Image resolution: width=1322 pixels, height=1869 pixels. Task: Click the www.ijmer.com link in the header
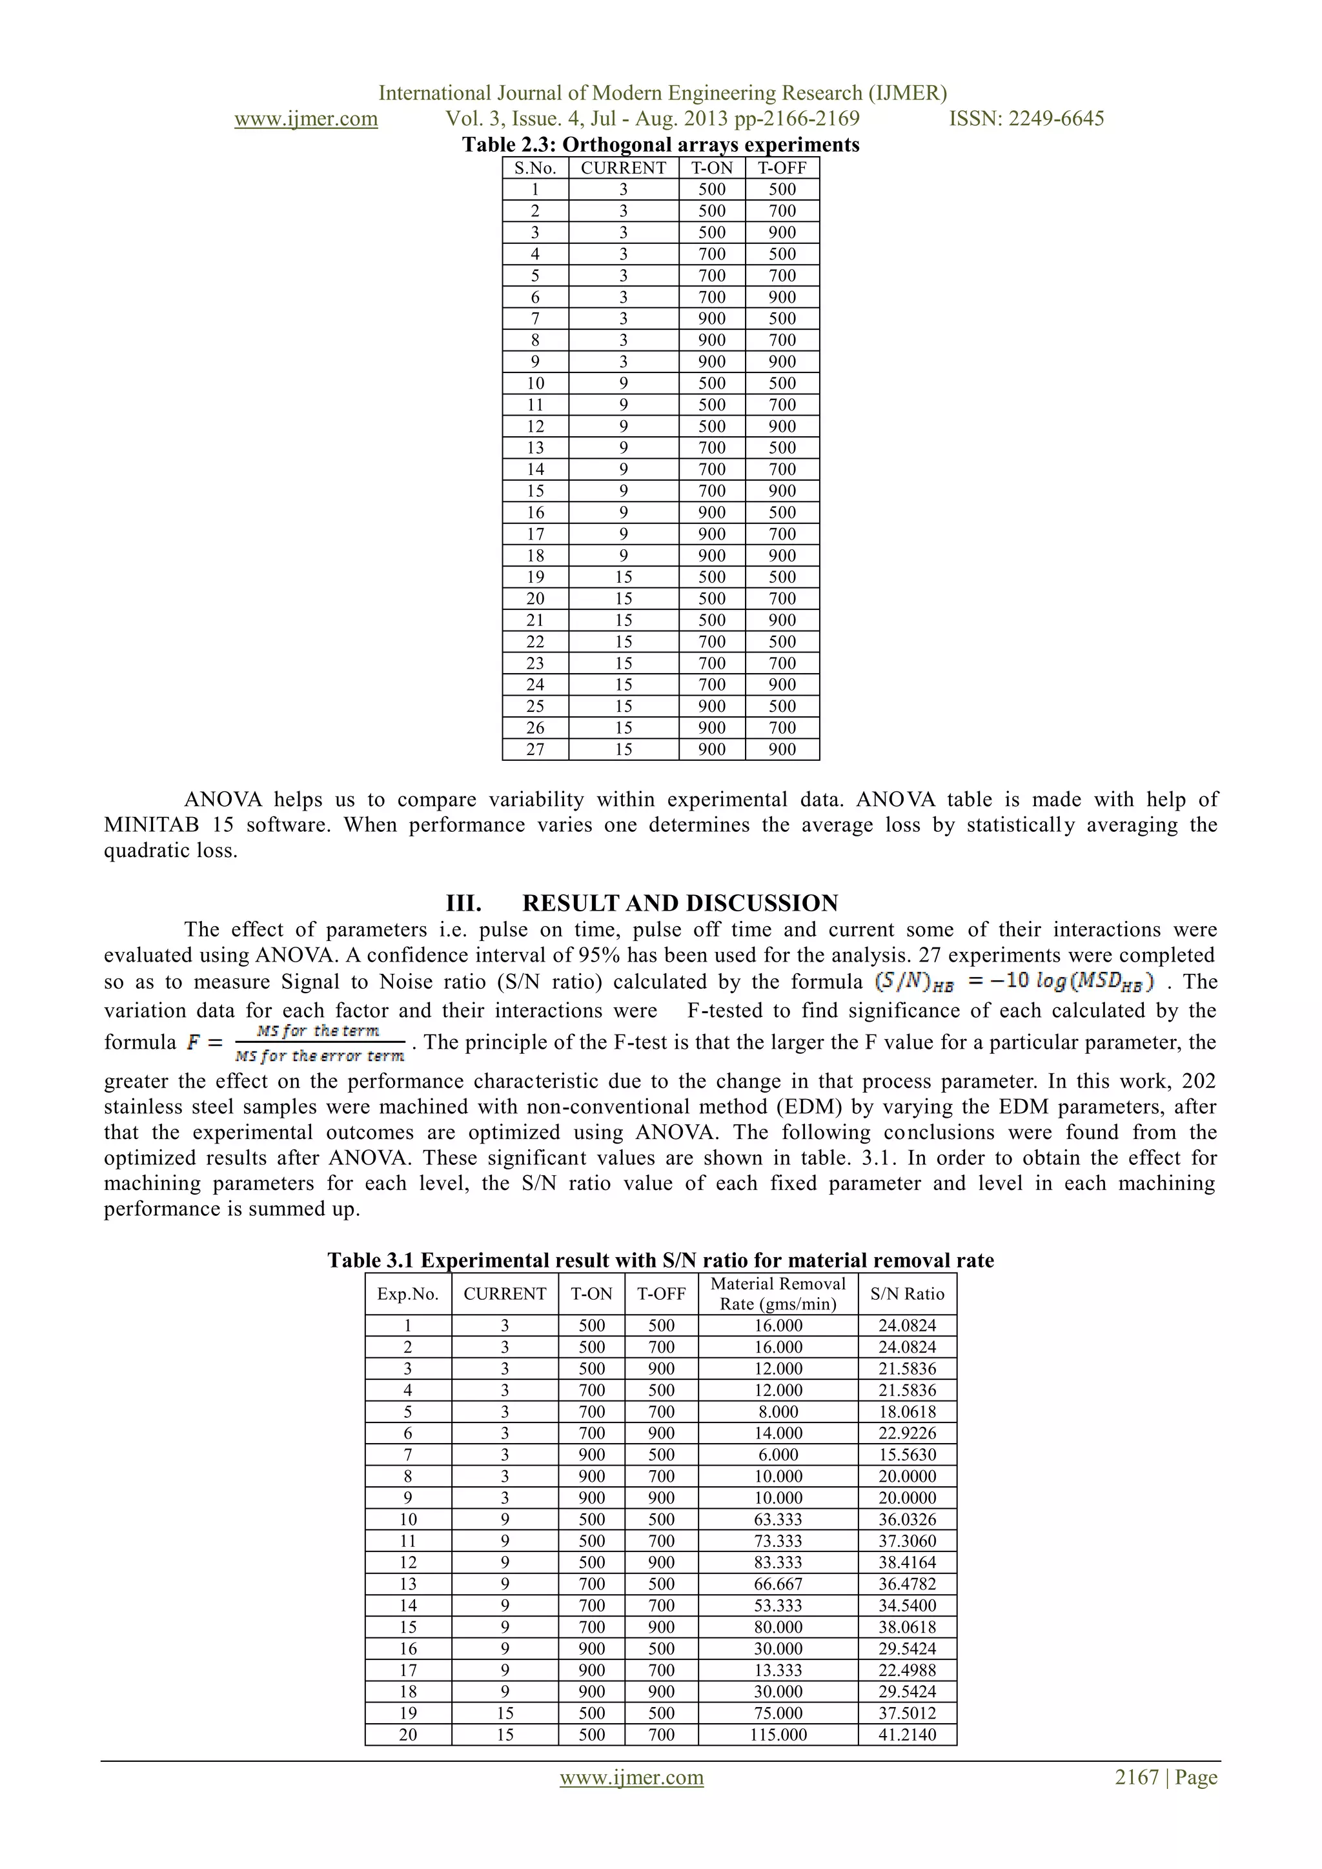tap(306, 119)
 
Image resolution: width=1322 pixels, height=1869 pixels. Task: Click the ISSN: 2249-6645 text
tap(1026, 119)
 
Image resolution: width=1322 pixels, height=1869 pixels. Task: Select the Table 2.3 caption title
tap(660, 145)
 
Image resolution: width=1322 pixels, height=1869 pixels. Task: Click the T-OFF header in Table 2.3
tap(782, 168)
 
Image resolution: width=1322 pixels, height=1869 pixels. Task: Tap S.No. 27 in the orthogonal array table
tap(535, 749)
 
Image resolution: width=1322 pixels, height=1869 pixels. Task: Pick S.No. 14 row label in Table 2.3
tap(535, 469)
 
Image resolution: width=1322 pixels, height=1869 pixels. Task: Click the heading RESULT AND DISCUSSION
tap(680, 903)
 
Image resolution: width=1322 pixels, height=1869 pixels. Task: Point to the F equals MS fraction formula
tap(297, 1044)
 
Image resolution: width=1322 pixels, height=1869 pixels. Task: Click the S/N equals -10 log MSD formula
tap(1013, 982)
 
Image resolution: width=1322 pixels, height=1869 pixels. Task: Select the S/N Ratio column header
tap(907, 1293)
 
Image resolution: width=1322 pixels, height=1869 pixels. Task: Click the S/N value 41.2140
tap(907, 1735)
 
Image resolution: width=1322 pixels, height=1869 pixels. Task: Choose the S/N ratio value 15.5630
tap(907, 1455)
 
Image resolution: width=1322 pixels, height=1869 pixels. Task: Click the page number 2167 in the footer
tap(1136, 1778)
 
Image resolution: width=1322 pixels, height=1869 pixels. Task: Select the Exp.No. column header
tap(408, 1293)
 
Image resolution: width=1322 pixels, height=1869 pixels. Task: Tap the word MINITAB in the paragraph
tap(152, 825)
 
